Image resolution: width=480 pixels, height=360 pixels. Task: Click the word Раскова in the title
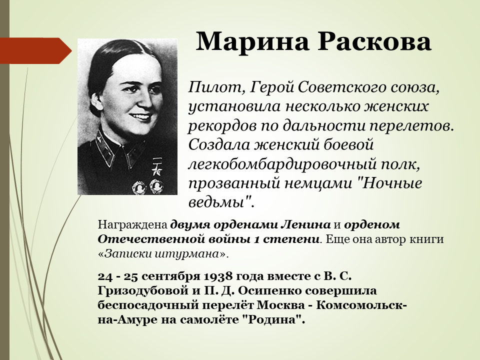click(374, 42)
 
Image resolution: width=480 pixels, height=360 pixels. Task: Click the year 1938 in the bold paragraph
click(216, 276)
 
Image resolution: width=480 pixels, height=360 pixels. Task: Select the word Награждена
click(132, 225)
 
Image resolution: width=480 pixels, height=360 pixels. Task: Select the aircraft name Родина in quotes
click(273, 320)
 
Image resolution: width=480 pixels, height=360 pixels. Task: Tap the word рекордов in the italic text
click(221, 126)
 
